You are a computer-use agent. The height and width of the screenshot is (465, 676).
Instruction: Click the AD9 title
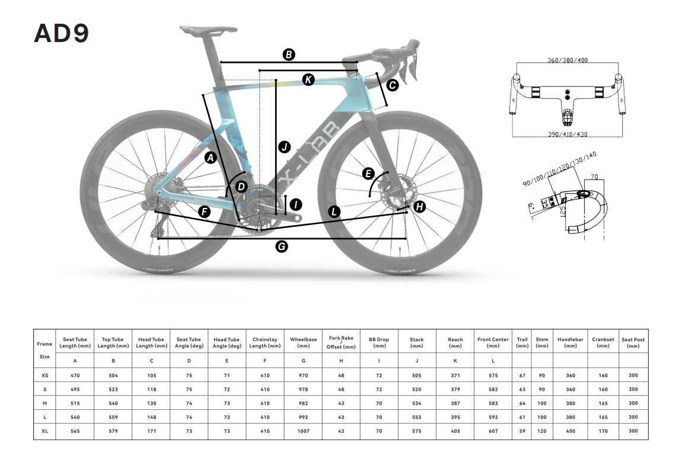61,33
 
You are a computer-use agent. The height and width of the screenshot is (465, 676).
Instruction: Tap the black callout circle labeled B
289,54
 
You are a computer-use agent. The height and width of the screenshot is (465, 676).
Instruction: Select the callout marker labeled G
282,246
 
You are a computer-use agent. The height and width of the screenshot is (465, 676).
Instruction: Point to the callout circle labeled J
285,147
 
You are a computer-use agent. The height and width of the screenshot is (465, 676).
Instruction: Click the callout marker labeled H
419,207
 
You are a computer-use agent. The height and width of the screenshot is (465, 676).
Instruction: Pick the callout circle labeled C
392,85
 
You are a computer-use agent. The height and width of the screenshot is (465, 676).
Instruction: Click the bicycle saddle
209,30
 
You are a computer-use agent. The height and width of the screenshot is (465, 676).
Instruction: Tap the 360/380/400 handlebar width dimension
567,60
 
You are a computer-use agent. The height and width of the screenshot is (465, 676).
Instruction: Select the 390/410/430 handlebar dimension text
567,134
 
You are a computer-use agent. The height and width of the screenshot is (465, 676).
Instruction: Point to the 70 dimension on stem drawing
594,177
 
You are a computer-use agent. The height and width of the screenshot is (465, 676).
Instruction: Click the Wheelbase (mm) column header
304,343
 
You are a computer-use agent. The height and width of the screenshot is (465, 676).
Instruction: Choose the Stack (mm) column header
416,343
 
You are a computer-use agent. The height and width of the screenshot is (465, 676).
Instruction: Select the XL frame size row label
45,431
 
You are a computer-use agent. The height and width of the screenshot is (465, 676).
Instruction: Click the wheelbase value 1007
304,431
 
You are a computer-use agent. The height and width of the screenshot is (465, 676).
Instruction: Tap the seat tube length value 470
75,376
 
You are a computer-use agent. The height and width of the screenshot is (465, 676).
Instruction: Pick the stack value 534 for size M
416,403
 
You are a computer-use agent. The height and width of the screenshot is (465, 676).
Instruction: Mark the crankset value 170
603,431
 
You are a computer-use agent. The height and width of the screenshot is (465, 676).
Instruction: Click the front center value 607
493,431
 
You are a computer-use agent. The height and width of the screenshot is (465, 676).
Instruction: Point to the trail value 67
522,376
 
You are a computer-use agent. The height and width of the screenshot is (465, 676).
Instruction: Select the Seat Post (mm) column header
633,343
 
